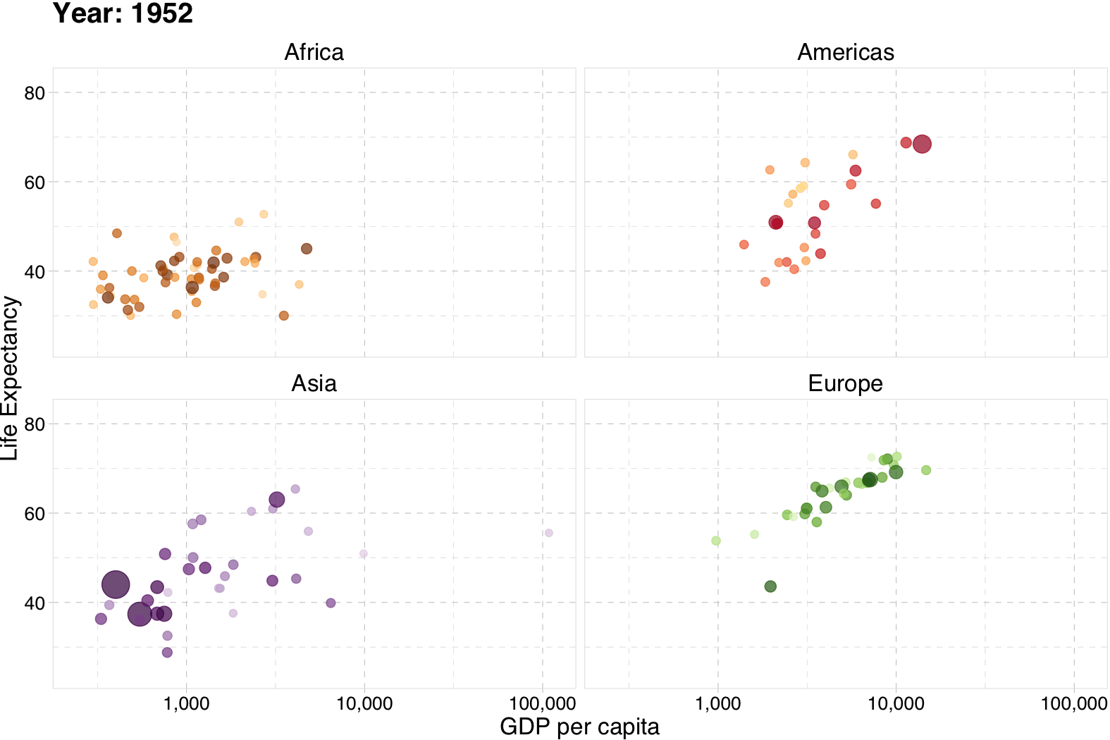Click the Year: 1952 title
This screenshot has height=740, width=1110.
123,14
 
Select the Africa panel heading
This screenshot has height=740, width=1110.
314,53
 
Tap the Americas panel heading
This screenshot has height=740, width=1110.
845,53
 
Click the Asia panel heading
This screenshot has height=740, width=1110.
314,384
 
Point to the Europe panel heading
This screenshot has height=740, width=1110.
845,384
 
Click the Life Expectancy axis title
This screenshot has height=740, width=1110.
10,378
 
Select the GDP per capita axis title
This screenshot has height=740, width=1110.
579,727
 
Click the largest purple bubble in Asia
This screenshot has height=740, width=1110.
116,584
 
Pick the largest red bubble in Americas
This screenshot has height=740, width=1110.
922,144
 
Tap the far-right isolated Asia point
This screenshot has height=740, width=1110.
549,533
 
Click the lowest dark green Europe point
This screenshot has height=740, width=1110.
770,586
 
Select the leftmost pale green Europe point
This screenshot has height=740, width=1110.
716,541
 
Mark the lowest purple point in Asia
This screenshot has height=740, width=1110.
167,653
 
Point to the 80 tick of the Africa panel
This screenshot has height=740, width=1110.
35,93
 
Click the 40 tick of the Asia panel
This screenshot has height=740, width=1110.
35,603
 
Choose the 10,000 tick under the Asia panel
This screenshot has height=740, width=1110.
364,703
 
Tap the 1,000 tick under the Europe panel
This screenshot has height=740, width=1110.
718,703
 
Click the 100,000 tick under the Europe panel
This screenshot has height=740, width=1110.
1073,703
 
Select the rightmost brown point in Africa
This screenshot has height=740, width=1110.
307,249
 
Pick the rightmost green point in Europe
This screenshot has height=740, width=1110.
926,470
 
